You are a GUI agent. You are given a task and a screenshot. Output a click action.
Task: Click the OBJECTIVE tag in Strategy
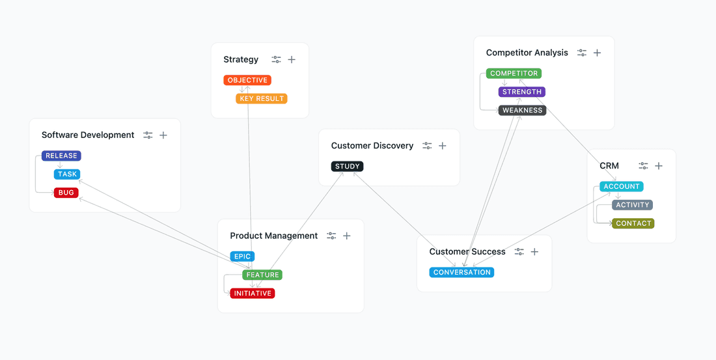(x=247, y=80)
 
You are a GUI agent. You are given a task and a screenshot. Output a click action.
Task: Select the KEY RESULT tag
(x=262, y=99)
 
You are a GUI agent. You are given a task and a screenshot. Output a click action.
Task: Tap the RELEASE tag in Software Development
(x=61, y=156)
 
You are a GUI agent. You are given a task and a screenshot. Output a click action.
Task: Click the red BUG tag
(x=66, y=193)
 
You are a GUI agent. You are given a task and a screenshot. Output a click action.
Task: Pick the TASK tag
(x=67, y=174)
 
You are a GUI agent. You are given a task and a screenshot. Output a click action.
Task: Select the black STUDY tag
(x=348, y=167)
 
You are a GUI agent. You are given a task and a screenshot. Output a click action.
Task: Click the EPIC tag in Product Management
(x=242, y=256)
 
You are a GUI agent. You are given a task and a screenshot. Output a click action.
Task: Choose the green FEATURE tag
(x=262, y=275)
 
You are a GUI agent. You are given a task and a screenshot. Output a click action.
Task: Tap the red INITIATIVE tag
(x=253, y=294)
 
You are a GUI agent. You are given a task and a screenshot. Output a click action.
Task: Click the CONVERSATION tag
(x=462, y=273)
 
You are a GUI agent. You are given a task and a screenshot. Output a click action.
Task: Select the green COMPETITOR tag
(x=514, y=74)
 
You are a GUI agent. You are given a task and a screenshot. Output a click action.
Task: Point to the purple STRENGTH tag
(x=522, y=92)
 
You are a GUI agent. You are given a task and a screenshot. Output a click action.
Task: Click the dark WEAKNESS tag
(x=523, y=111)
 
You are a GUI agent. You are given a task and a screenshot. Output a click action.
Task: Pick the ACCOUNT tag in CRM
(x=622, y=187)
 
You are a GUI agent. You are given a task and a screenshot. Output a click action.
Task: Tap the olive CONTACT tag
(x=633, y=223)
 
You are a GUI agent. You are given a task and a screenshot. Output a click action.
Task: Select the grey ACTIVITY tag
(x=633, y=205)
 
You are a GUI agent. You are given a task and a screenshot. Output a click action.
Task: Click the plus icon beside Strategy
(x=292, y=60)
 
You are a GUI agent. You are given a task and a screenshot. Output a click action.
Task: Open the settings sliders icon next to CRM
(x=643, y=166)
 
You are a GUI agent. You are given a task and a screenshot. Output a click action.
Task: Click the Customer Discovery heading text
(x=372, y=146)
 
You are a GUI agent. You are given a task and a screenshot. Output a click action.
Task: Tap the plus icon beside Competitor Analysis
(x=597, y=53)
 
